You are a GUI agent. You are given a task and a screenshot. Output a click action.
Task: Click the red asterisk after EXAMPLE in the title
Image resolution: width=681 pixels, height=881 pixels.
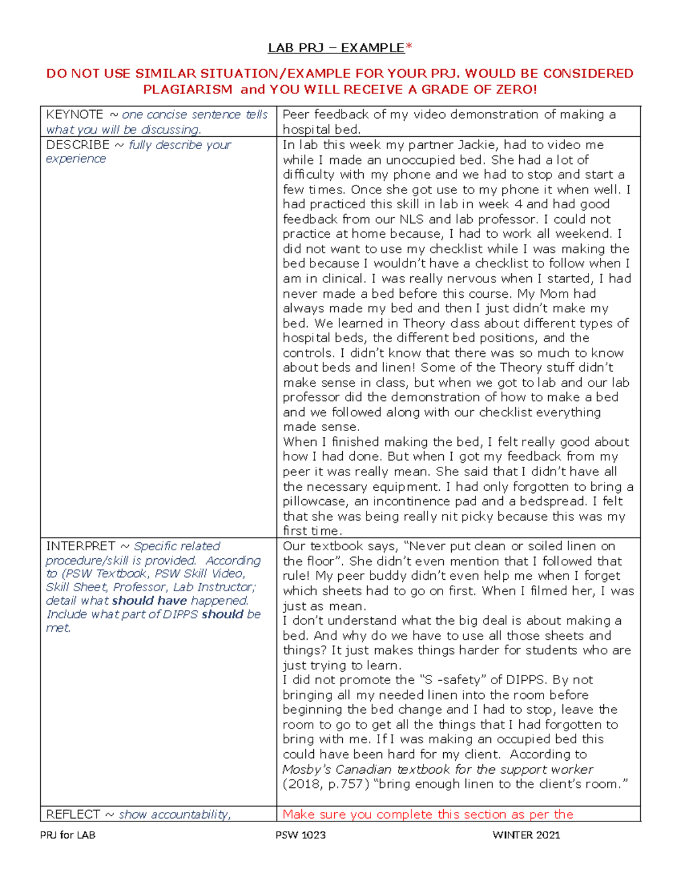point(409,47)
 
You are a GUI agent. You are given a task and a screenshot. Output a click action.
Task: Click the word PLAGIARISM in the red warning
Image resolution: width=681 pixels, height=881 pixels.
point(187,89)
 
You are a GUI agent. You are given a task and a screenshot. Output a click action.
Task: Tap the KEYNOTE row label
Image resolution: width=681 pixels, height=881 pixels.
point(75,115)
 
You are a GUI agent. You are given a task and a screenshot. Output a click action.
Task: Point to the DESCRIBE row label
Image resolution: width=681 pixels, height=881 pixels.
point(78,145)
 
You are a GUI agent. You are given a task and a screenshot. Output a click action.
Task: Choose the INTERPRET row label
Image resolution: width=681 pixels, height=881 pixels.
point(81,546)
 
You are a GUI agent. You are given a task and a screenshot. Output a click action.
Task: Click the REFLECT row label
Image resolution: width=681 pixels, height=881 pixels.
point(73,815)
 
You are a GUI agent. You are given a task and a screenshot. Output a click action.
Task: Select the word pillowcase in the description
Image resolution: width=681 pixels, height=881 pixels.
point(315,501)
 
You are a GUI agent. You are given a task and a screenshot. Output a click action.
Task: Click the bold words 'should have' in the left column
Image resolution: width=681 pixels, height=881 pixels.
point(149,601)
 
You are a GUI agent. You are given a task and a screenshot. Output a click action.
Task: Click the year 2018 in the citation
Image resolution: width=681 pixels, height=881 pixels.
point(304,784)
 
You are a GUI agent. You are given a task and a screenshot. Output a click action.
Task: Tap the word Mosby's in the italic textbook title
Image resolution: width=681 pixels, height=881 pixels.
point(307,769)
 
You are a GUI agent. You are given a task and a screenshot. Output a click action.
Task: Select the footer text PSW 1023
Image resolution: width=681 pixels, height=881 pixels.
point(300,835)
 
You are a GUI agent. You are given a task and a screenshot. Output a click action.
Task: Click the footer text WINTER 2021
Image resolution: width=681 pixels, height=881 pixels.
point(526,835)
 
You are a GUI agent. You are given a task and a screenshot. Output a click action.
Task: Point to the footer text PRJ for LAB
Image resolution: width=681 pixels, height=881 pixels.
point(68,835)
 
